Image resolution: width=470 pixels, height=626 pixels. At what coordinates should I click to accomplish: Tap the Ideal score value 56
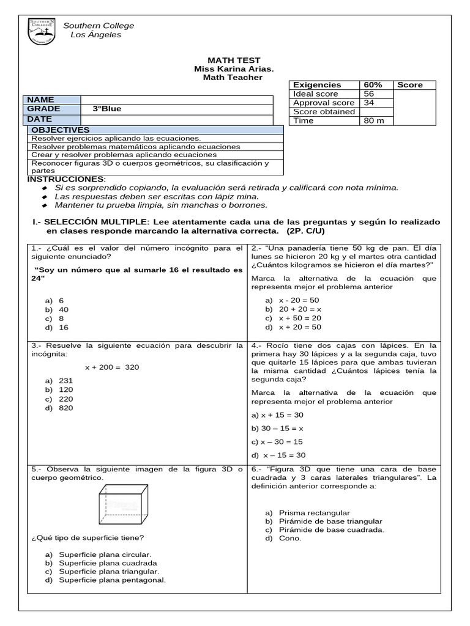369,94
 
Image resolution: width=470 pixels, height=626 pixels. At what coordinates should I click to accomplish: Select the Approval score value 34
369,103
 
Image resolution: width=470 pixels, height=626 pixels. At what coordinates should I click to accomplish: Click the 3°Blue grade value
107,109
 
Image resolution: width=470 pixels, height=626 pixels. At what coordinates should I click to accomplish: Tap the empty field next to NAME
176,100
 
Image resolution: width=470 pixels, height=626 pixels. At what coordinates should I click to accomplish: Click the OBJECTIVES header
60,130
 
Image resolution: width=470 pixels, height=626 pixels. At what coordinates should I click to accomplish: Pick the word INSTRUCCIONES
66,179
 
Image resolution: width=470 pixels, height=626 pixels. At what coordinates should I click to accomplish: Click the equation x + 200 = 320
112,367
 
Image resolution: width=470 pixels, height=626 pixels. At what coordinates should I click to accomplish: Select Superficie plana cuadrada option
104,563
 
